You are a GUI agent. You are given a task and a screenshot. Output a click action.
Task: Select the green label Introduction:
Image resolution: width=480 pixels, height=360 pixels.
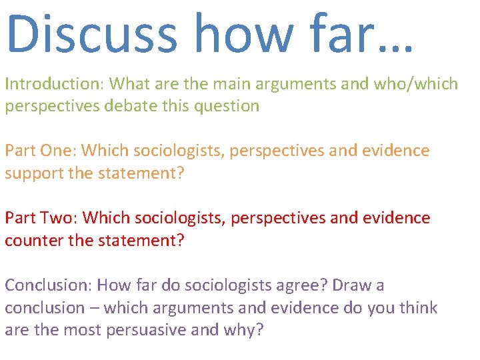(55, 84)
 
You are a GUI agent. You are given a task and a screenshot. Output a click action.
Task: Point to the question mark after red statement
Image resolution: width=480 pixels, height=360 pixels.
(179, 241)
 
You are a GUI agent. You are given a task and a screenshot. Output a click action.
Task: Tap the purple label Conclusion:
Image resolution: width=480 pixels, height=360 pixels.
(49, 285)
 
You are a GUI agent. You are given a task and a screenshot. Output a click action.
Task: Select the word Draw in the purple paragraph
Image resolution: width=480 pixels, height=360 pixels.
(352, 285)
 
